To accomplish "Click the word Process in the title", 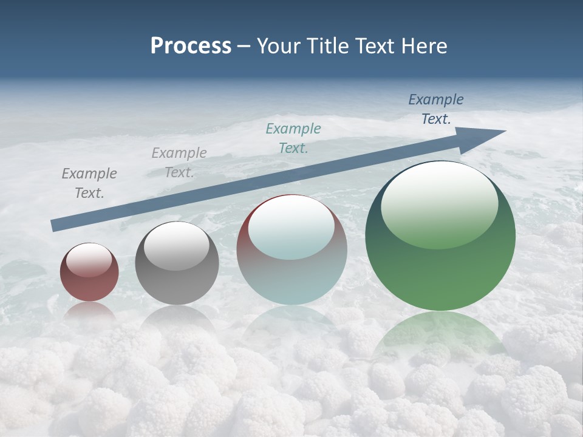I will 191,46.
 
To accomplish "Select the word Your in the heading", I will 279,46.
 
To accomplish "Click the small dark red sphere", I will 89,272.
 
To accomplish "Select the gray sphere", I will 177,263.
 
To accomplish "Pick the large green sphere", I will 440,235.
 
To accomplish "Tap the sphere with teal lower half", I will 291,249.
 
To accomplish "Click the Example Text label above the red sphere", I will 89,183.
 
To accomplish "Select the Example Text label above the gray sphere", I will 179,162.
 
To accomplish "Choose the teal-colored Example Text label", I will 293,138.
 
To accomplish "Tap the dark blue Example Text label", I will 435,109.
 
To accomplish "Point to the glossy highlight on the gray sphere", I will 176,246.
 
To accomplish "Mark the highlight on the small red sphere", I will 89,259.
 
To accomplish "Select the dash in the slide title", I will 244,46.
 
